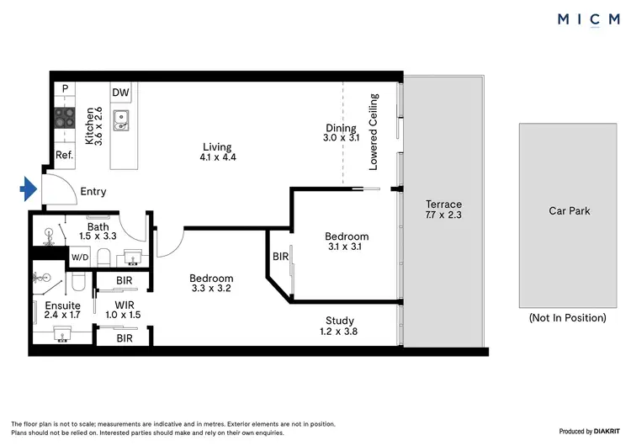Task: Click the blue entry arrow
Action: (x=29, y=189)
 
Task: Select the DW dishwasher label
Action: (x=120, y=93)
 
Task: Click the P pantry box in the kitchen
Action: (x=65, y=89)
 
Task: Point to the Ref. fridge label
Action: (x=65, y=155)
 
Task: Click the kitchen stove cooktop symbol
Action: (x=65, y=118)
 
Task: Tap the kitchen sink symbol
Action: (x=122, y=119)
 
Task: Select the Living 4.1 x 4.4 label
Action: (x=216, y=152)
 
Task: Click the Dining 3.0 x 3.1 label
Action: (x=342, y=133)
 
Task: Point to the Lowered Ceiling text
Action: (x=374, y=132)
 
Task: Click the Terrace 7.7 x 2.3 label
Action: (x=443, y=210)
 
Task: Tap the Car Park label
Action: (x=569, y=210)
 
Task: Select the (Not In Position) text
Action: (x=567, y=318)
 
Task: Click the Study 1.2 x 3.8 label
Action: (x=339, y=326)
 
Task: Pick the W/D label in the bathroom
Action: (x=80, y=257)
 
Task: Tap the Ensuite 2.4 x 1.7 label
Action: (x=63, y=311)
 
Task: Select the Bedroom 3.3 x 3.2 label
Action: (x=211, y=284)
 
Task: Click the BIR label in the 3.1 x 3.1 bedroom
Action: (x=280, y=256)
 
